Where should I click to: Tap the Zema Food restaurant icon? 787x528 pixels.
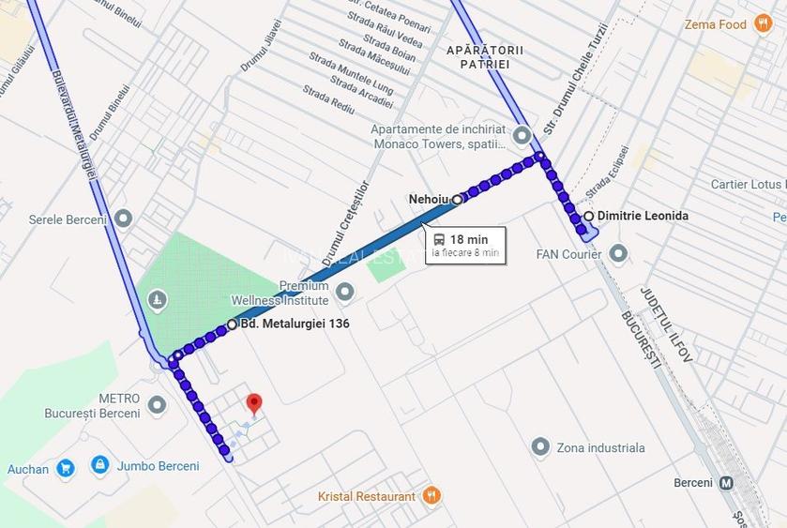click(764, 24)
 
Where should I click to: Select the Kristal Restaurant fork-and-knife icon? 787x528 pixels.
click(431, 495)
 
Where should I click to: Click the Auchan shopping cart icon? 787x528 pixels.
click(65, 467)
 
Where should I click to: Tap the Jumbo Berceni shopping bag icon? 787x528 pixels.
click(99, 464)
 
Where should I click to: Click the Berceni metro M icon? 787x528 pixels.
click(727, 484)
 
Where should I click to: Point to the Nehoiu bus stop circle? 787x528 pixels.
click(457, 199)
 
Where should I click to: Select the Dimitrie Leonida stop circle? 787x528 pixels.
click(588, 216)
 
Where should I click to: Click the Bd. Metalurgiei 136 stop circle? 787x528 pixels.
click(232, 324)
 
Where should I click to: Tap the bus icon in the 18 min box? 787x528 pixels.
click(439, 239)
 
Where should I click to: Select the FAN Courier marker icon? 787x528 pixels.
click(618, 253)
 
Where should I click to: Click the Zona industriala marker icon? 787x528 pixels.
click(540, 446)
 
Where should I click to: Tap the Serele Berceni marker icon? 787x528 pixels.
click(123, 219)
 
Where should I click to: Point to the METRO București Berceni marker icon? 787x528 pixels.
click(157, 404)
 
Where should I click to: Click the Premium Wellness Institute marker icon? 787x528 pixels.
click(345, 293)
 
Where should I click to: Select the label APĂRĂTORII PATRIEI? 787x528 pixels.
click(485, 56)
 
